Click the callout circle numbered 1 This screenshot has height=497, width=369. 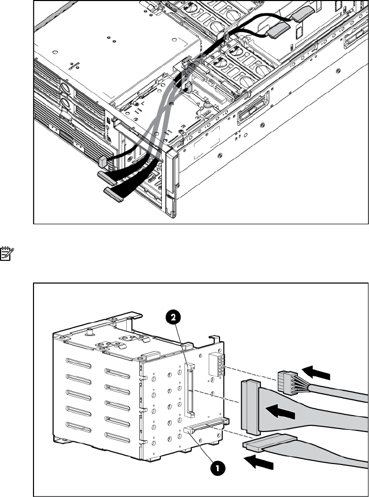point(218,468)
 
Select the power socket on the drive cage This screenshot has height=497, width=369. point(216,367)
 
